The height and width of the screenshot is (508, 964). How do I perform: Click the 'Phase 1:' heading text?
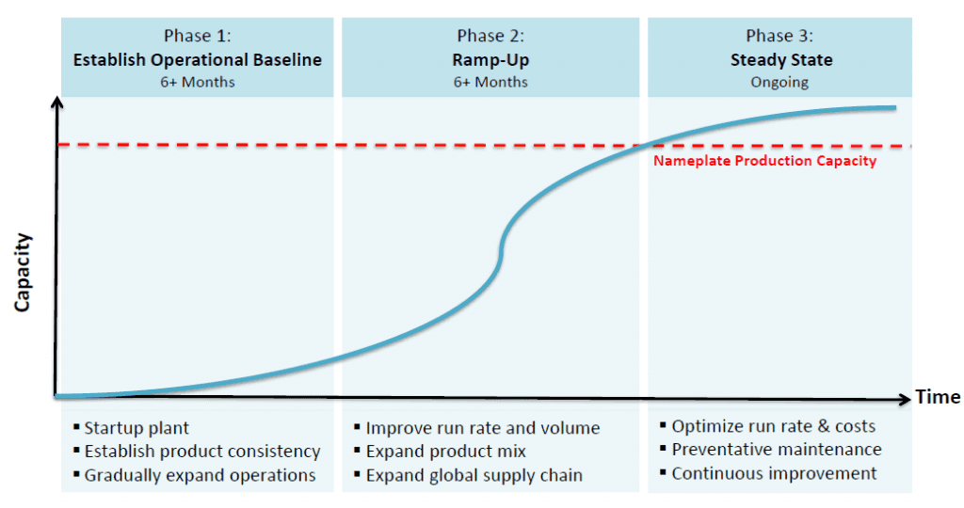(x=198, y=36)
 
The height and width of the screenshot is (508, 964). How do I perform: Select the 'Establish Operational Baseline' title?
(x=198, y=59)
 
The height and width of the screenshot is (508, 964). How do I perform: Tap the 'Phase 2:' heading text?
(x=490, y=36)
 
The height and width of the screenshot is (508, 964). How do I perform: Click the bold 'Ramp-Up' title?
(x=490, y=59)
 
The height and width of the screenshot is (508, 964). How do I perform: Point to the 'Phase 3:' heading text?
(x=780, y=36)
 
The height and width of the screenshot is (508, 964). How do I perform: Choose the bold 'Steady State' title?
(x=780, y=59)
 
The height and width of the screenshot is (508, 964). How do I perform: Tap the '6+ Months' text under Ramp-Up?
(x=490, y=82)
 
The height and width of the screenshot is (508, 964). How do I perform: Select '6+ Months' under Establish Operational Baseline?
(x=198, y=82)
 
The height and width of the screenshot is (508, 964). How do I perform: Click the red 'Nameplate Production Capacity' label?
(x=764, y=161)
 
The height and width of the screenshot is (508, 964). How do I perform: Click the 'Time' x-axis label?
(x=938, y=397)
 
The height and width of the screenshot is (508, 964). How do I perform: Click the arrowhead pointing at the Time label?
(x=903, y=397)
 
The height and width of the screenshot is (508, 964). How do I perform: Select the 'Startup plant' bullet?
(x=137, y=428)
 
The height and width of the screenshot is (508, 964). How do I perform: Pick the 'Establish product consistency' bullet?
(x=201, y=452)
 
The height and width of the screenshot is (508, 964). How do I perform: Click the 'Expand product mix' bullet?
(x=445, y=452)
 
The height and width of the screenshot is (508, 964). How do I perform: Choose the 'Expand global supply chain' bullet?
(x=474, y=475)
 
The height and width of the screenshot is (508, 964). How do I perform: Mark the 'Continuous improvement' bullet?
(x=774, y=473)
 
